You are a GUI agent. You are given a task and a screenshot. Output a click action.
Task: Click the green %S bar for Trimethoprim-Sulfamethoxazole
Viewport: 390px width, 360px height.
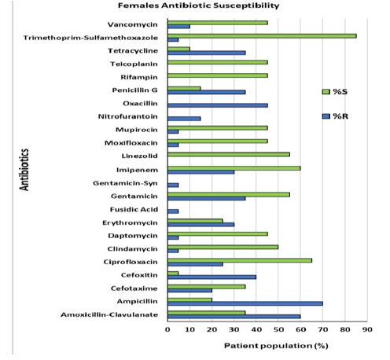[262, 36]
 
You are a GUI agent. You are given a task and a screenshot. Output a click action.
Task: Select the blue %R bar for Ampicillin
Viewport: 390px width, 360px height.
[245, 303]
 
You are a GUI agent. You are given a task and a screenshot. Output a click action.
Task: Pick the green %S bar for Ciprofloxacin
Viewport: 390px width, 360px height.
[240, 260]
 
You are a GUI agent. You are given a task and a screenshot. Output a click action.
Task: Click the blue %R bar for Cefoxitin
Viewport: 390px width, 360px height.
[212, 277]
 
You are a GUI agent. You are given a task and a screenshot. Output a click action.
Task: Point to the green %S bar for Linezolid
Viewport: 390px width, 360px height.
[229, 155]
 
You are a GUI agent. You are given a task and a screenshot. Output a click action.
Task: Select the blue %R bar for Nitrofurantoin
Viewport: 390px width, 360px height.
[184, 119]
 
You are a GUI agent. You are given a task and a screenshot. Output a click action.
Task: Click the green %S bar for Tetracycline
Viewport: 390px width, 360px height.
[178, 49]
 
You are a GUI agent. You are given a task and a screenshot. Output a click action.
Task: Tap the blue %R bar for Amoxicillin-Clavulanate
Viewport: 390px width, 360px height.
[234, 317]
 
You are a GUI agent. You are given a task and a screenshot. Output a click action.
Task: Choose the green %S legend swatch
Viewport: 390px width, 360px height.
[326, 92]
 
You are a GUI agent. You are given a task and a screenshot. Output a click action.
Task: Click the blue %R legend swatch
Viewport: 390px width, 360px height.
[326, 116]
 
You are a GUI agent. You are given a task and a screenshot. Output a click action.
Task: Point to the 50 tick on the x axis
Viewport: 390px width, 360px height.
[278, 321]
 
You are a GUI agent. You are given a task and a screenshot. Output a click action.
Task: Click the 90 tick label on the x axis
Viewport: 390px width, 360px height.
[367, 329]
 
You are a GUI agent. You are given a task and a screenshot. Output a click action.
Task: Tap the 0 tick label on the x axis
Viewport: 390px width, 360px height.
[167, 329]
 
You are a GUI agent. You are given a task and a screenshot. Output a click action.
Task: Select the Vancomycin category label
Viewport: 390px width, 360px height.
[133, 24]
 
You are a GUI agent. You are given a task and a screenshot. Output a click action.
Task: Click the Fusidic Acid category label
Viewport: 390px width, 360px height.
[134, 210]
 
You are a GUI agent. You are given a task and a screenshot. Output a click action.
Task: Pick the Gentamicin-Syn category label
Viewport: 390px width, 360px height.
[125, 183]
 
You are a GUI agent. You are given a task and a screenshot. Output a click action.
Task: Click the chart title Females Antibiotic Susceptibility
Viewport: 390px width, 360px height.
[198, 6]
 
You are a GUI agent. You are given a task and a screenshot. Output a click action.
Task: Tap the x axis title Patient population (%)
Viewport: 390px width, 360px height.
[276, 346]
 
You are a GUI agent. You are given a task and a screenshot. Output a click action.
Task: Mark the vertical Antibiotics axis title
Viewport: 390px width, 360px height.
[24, 170]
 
